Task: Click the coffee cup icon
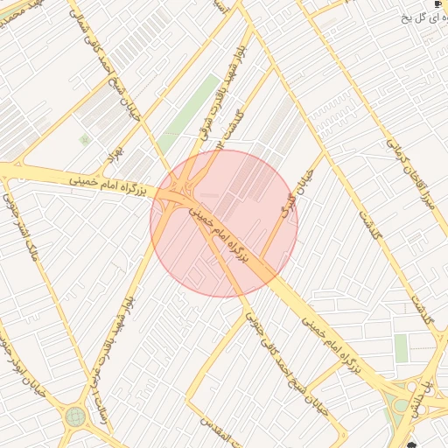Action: (x=437, y=4)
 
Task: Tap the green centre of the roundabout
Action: (x=76, y=416)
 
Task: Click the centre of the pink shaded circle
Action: (x=224, y=224)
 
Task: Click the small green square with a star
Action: (x=85, y=139)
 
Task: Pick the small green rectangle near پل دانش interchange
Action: (x=401, y=348)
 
